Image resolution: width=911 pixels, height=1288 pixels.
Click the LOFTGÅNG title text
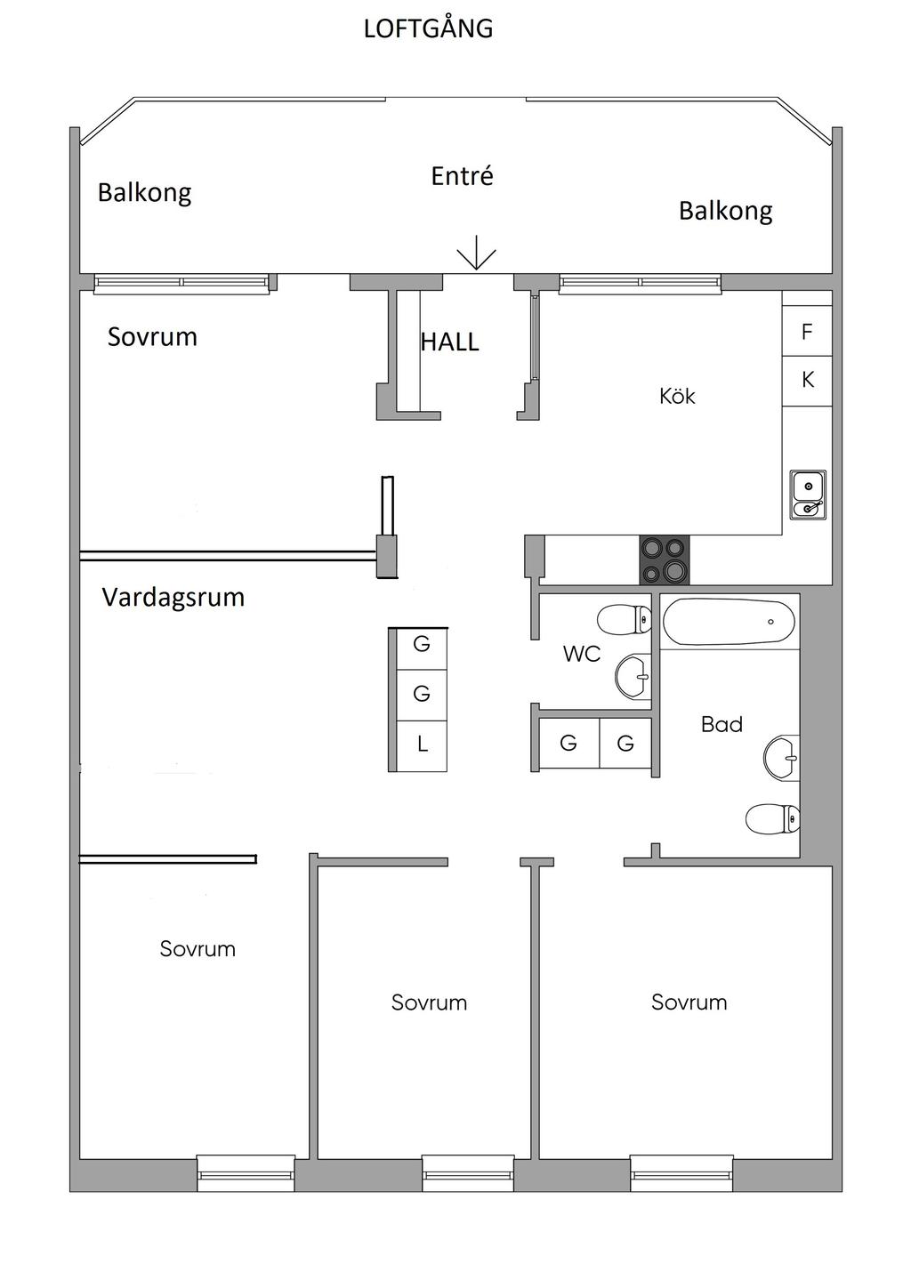click(429, 28)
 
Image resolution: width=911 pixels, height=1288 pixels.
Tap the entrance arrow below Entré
click(476, 253)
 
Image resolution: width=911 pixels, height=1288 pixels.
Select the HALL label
click(449, 342)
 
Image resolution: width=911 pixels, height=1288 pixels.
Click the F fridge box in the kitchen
click(807, 331)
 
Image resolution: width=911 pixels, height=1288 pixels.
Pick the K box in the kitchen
click(807, 381)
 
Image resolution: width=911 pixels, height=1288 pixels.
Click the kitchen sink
click(808, 495)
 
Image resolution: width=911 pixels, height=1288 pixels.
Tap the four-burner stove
click(665, 560)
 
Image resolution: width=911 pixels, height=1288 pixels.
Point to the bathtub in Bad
click(729, 622)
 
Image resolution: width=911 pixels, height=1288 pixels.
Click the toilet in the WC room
click(624, 620)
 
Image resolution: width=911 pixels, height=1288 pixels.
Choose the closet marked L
click(422, 745)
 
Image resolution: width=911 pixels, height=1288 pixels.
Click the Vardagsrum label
click(173, 598)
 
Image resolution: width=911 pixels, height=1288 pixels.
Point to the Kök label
click(677, 396)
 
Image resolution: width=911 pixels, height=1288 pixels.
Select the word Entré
click(462, 176)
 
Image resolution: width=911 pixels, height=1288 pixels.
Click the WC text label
click(582, 654)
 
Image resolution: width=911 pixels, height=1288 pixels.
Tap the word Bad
click(722, 724)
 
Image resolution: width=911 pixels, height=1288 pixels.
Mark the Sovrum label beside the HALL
click(152, 337)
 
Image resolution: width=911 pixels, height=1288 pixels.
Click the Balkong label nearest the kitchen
click(725, 212)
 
